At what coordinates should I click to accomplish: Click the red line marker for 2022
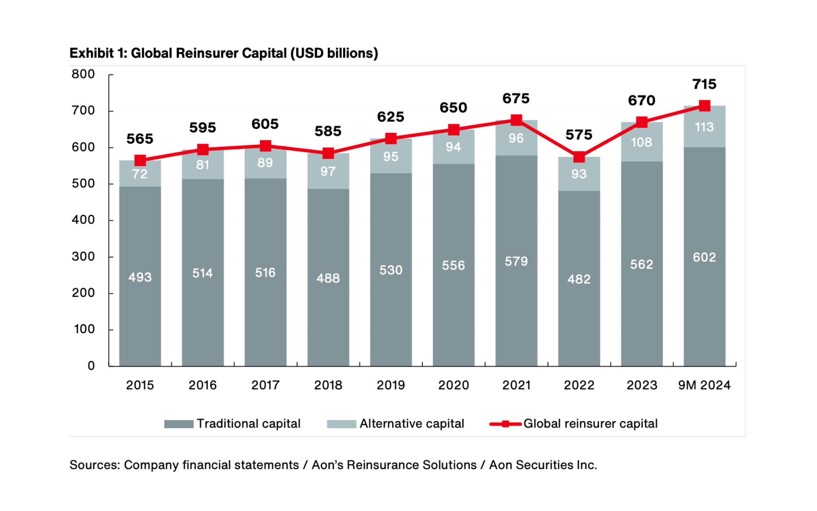pyautogui.click(x=579, y=157)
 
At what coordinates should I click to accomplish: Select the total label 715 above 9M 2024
pyautogui.click(x=704, y=84)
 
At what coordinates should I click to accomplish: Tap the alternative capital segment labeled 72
pyautogui.click(x=140, y=173)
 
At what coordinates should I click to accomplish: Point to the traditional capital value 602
pyautogui.click(x=704, y=257)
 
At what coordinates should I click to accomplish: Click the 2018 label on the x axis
pyautogui.click(x=328, y=385)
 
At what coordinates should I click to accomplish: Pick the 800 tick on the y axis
pyautogui.click(x=83, y=74)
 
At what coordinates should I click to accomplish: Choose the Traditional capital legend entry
pyautogui.click(x=232, y=424)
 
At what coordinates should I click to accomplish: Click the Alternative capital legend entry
pyautogui.click(x=396, y=424)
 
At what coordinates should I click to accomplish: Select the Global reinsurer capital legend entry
pyautogui.click(x=574, y=424)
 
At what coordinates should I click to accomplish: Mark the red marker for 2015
pyautogui.click(x=140, y=160)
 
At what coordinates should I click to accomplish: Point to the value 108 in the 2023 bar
pyautogui.click(x=642, y=142)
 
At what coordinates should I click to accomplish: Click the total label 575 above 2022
pyautogui.click(x=579, y=135)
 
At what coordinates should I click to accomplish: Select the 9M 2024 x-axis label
pyautogui.click(x=704, y=385)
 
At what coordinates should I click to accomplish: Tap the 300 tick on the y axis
pyautogui.click(x=83, y=256)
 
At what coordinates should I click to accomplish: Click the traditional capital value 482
pyautogui.click(x=579, y=279)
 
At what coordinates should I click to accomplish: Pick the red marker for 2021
pyautogui.click(x=516, y=120)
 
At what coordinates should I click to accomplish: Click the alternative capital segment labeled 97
pyautogui.click(x=328, y=171)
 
